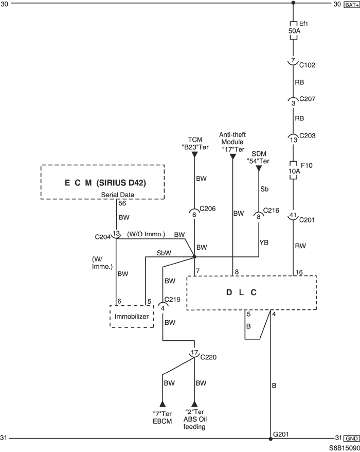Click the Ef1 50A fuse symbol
293,30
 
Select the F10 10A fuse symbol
293,170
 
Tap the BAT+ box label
351,5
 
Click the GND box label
352,439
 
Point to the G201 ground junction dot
271,439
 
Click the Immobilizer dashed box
132,316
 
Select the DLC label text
241,292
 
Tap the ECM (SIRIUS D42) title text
105,183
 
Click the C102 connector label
307,65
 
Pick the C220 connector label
208,357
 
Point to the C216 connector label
271,211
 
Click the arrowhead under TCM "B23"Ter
194,155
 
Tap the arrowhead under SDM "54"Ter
259,168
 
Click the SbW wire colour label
164,253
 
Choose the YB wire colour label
264,242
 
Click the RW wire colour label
300,246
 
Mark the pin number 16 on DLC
299,272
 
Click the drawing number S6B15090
345,448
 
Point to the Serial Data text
117,195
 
